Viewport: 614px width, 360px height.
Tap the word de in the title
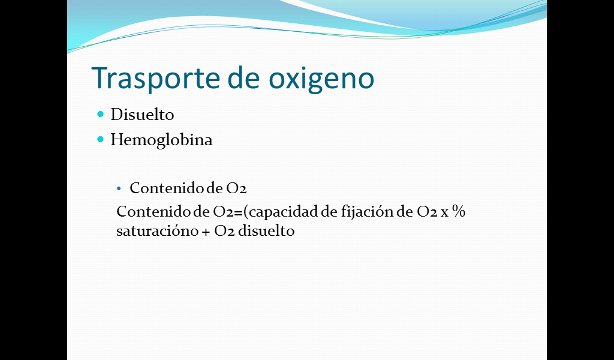point(243,77)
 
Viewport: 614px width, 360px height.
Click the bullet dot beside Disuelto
point(101,114)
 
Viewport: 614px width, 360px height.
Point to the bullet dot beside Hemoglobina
point(101,139)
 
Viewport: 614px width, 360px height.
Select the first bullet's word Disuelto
point(142,115)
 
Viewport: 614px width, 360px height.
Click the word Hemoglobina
point(161,140)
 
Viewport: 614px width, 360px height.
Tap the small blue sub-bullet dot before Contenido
point(119,189)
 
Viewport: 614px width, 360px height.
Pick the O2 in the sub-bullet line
point(236,188)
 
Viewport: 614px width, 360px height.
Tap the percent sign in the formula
point(459,212)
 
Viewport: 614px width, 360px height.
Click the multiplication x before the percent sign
point(444,213)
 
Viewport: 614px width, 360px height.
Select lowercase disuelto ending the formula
point(266,230)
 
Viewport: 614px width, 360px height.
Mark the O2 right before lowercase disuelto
point(224,231)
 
